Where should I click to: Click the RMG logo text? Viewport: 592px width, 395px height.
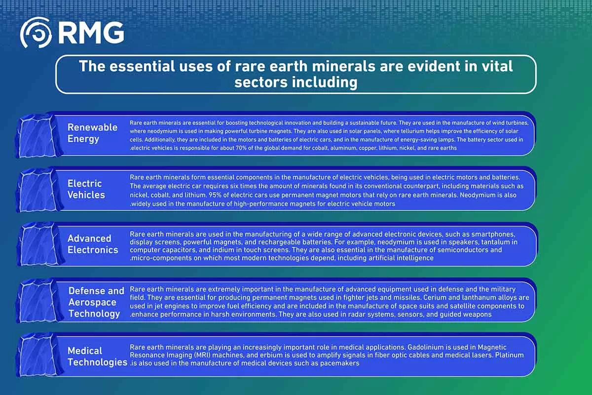pos(91,33)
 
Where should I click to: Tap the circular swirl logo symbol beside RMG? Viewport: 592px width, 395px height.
pos(36,33)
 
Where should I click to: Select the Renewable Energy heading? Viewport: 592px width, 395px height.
pos(92,133)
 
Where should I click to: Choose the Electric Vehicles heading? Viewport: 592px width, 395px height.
pos(86,189)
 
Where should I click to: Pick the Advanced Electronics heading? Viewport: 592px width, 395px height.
pos(93,244)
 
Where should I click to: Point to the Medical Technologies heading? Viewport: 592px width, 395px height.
pos(97,356)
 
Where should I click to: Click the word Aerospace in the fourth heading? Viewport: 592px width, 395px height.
pos(92,302)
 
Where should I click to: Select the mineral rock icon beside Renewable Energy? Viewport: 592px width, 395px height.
pos(39,136)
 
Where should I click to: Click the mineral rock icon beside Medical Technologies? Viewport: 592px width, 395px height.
pos(39,355)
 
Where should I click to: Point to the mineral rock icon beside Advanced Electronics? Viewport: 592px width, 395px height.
pos(39,244)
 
